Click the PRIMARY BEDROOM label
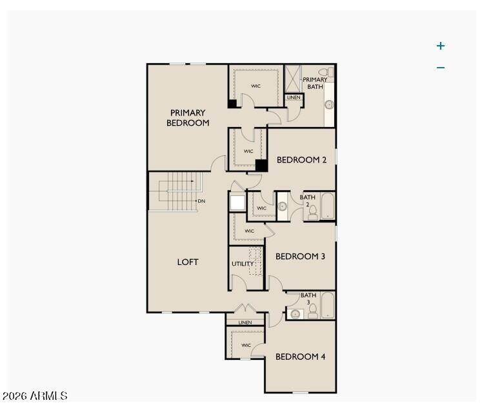(x=188, y=118)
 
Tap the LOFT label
(x=188, y=262)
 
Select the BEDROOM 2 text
(x=301, y=160)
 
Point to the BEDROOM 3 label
(x=300, y=257)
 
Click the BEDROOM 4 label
(x=300, y=357)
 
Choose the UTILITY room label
(x=243, y=264)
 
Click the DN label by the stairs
(x=201, y=201)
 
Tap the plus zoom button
(x=441, y=46)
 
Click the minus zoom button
(x=441, y=68)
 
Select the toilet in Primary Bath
(x=326, y=72)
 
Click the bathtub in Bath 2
(x=328, y=206)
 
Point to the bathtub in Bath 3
(x=328, y=305)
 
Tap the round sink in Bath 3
(x=296, y=314)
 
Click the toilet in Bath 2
(x=313, y=213)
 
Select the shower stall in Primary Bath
(x=292, y=79)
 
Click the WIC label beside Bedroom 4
(x=246, y=346)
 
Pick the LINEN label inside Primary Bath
(x=294, y=97)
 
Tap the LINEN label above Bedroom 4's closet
(x=245, y=322)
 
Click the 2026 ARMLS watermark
(x=35, y=396)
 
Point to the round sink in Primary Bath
(x=329, y=104)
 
